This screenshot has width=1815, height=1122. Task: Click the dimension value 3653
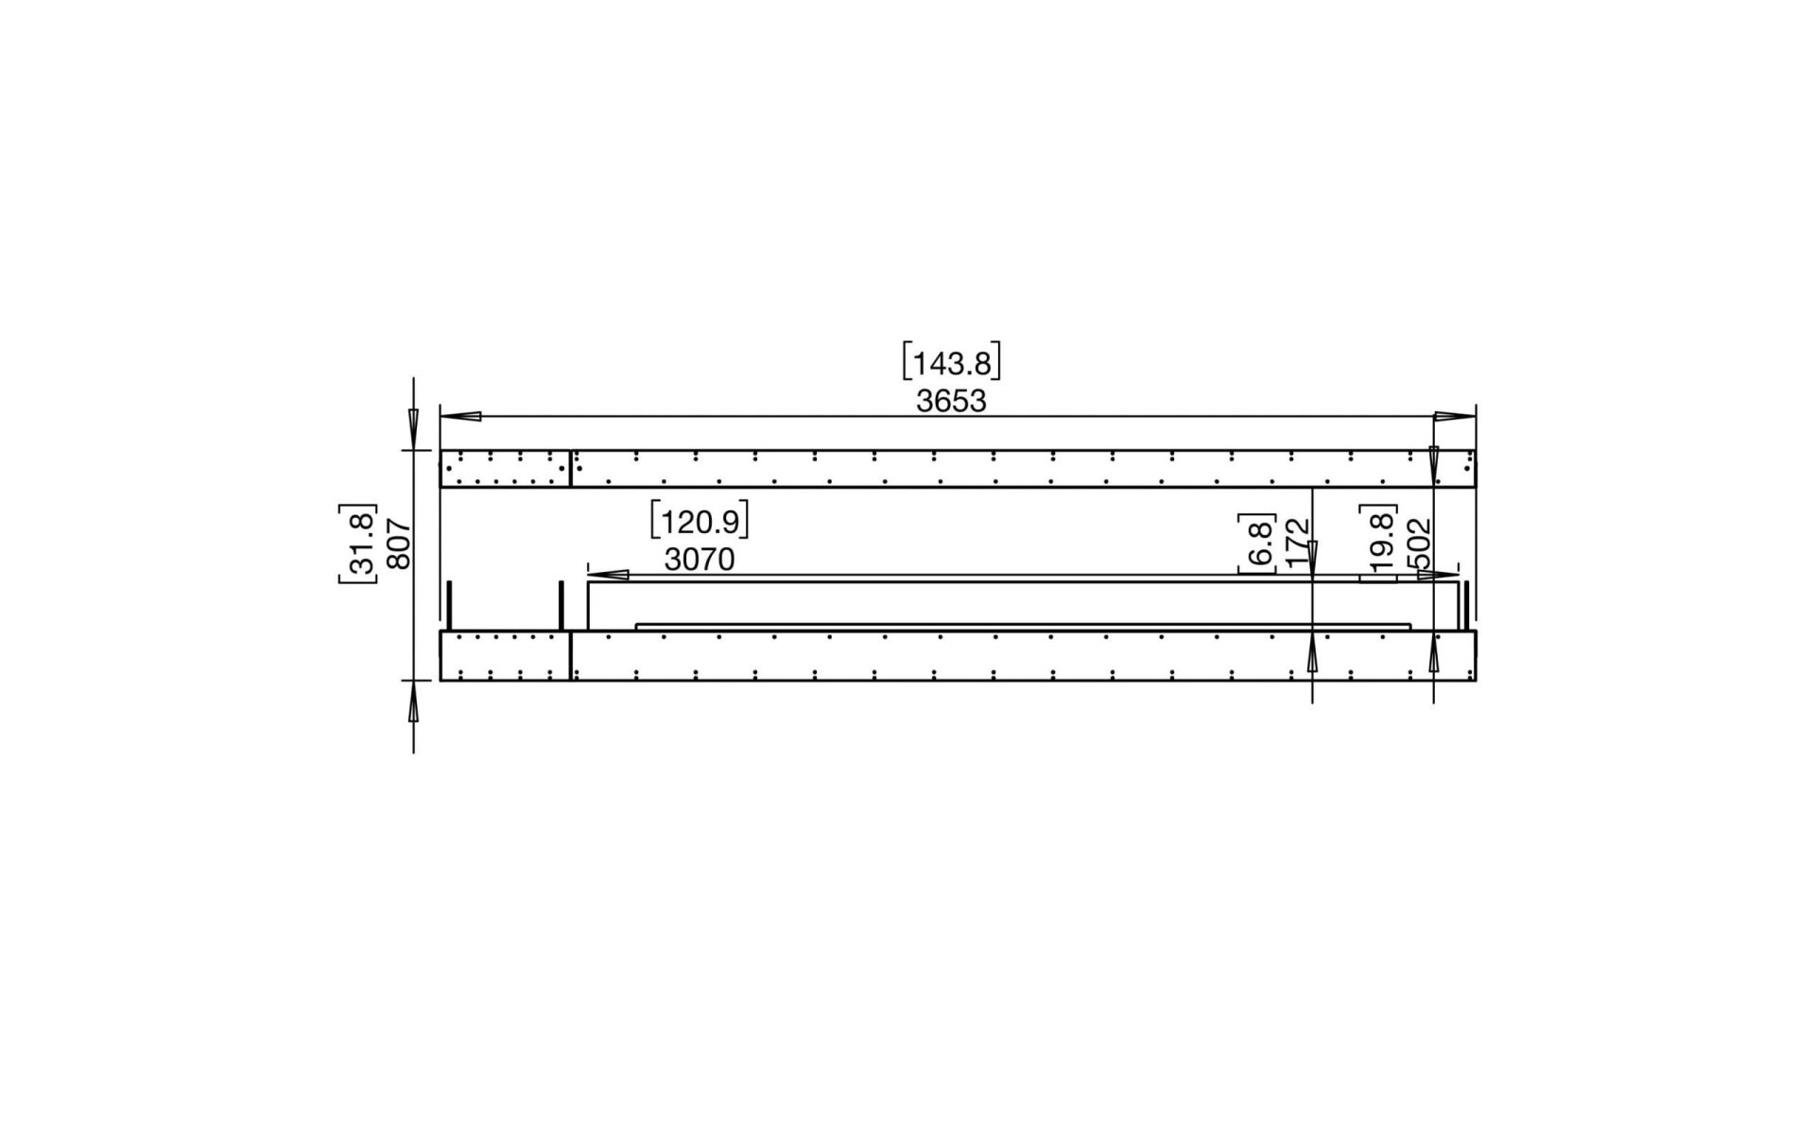click(951, 401)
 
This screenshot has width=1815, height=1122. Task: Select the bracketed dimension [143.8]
click(951, 363)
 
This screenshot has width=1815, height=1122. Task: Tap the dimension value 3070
click(699, 560)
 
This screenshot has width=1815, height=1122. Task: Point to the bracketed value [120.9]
click(700, 522)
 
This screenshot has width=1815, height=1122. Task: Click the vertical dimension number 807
click(399, 544)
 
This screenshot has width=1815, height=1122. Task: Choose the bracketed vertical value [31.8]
click(358, 544)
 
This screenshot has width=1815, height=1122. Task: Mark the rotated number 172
click(1299, 543)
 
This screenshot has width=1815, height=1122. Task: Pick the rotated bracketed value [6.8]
click(1258, 543)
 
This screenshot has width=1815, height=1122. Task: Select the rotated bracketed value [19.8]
click(1379, 543)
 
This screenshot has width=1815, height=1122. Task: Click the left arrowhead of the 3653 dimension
click(461, 416)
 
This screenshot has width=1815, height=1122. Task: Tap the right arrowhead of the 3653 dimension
click(1455, 416)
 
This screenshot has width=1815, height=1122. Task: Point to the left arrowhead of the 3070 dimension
click(609, 574)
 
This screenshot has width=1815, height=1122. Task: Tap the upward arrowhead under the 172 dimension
click(1312, 653)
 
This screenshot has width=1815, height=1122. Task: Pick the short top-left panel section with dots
click(505, 469)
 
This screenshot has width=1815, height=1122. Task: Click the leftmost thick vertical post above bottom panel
click(450, 606)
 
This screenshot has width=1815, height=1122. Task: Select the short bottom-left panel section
click(505, 656)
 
